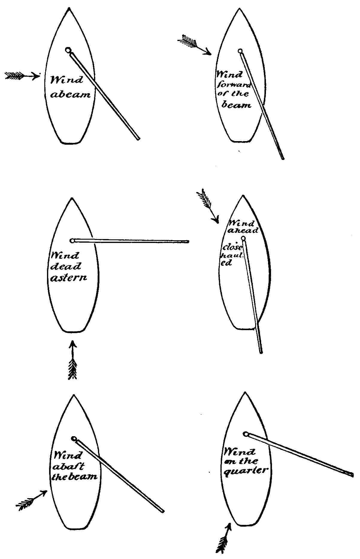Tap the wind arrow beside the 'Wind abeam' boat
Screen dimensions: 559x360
click(22, 75)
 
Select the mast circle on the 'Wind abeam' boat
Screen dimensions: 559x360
click(68, 50)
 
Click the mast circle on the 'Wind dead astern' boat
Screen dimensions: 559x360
click(72, 241)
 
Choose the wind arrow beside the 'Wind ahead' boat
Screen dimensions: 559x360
click(208, 206)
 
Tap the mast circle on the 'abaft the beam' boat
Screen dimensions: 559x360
click(74, 439)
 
